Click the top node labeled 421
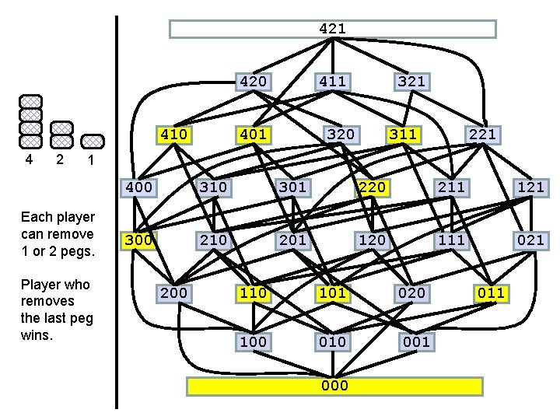[333, 29]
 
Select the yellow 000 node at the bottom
[334, 386]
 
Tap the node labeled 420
[254, 81]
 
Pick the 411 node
[332, 81]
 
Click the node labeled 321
[411, 81]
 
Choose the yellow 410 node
[173, 135]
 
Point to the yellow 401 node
[254, 135]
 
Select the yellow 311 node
[403, 135]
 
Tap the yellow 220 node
[371, 187]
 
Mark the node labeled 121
[530, 187]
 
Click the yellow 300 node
[138, 240]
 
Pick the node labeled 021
[530, 240]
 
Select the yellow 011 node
[491, 292]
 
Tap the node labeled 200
[173, 292]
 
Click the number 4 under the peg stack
[29, 159]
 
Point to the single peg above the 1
[93, 141]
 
